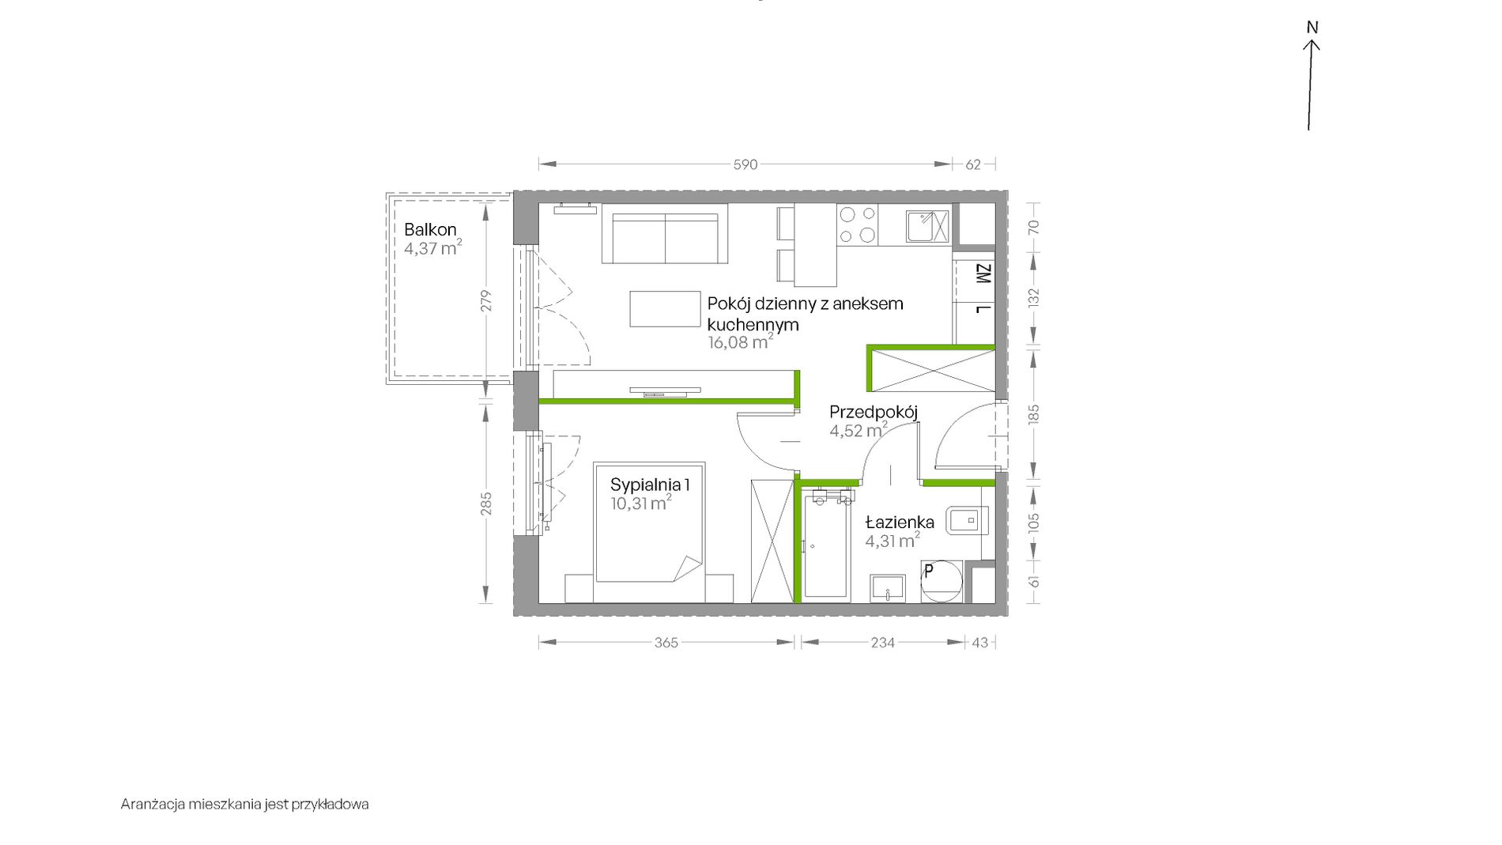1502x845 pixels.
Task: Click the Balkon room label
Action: click(430, 230)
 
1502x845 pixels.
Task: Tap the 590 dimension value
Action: click(745, 164)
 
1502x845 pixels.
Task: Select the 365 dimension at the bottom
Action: click(666, 643)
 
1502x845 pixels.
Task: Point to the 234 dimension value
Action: click(883, 643)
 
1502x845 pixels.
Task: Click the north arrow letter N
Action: click(1312, 28)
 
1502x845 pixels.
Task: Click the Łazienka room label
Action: click(900, 522)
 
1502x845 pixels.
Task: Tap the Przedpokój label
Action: click(874, 412)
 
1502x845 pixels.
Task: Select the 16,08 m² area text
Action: click(741, 342)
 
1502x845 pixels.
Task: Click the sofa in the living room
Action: click(665, 233)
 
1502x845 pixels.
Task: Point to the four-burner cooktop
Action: click(858, 224)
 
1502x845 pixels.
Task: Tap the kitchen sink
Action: click(927, 226)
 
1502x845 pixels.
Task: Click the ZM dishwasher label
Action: click(983, 274)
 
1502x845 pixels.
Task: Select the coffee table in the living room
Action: click(665, 309)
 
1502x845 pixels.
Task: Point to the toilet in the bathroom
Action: click(966, 521)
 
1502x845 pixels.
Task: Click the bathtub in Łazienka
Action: click(825, 545)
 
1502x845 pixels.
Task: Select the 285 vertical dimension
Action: click(486, 504)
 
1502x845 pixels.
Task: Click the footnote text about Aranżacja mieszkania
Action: click(245, 804)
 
